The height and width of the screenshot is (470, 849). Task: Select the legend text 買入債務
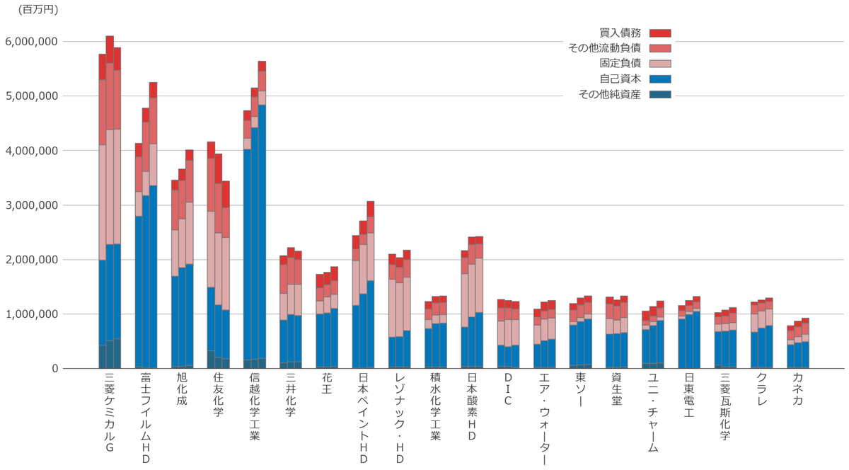pyautogui.click(x=620, y=33)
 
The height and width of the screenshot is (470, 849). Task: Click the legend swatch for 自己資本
pyautogui.click(x=660, y=79)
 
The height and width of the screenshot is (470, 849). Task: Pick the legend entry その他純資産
pyautogui.click(x=609, y=94)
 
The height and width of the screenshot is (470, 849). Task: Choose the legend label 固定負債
pyautogui.click(x=620, y=64)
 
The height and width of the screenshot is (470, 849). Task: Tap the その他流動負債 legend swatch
pyautogui.click(x=660, y=48)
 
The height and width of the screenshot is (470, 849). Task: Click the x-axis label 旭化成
pyautogui.click(x=182, y=390)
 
